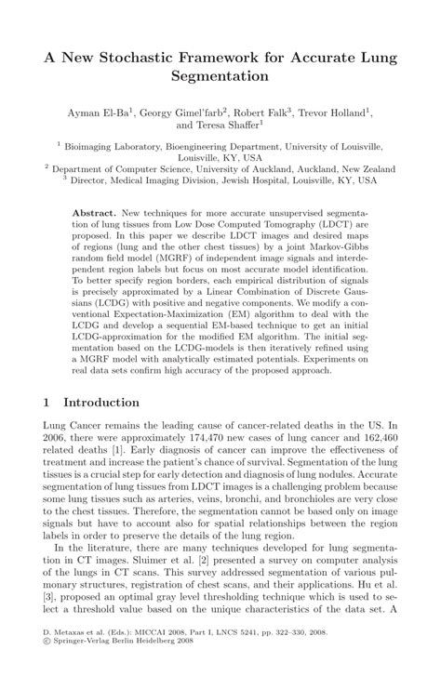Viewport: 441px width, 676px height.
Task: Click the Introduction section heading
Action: point(100,403)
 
